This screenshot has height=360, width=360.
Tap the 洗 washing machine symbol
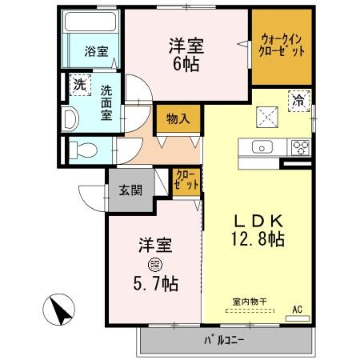(x=80, y=82)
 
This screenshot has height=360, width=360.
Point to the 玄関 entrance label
(x=131, y=190)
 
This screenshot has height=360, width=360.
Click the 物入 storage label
(x=177, y=119)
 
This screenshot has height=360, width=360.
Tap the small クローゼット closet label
(x=185, y=181)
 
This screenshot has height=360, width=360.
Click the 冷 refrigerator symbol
(x=297, y=101)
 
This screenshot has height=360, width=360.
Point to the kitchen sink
(x=263, y=147)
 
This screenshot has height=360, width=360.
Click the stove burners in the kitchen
(x=302, y=147)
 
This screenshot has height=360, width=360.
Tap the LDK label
(x=255, y=220)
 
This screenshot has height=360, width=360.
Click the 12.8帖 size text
(x=256, y=239)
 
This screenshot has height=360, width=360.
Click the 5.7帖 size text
(x=156, y=283)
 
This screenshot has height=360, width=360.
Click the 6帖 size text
(x=186, y=65)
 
